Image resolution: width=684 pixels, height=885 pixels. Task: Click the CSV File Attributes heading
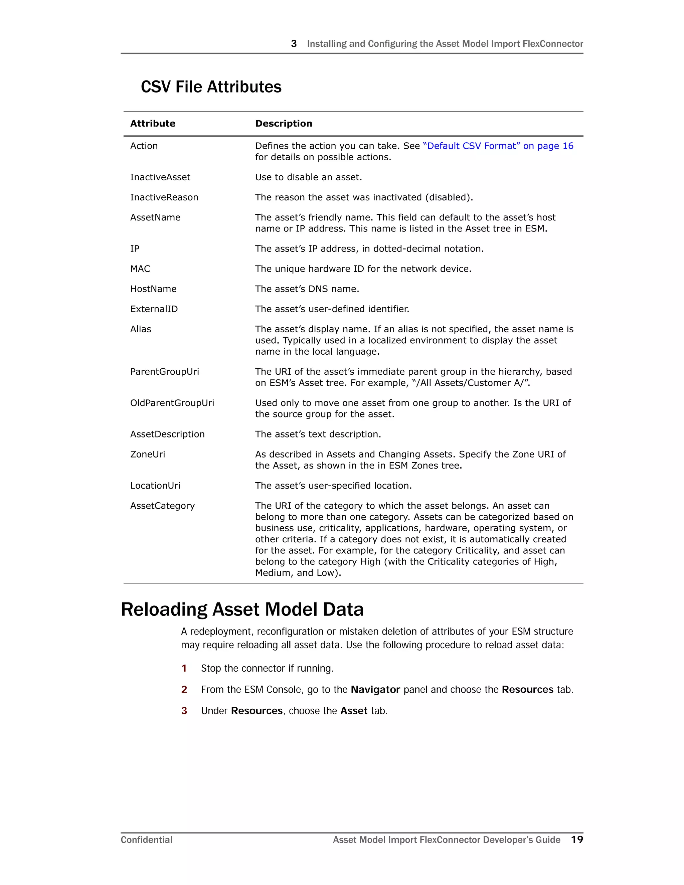(211, 87)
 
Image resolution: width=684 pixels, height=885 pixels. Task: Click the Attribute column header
(153, 124)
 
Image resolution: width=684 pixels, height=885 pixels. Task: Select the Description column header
(284, 124)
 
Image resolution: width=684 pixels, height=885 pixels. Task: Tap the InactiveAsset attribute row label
(160, 177)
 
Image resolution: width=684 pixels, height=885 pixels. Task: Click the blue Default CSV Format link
(498, 146)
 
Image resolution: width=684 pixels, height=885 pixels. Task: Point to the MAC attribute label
(140, 269)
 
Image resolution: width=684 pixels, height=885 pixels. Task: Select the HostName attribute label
(153, 289)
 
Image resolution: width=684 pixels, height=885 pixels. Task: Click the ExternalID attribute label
(154, 309)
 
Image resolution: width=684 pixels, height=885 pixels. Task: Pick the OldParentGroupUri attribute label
(172, 403)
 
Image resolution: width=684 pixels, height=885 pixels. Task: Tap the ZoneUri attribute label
(148, 454)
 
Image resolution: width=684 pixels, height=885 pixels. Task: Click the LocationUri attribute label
(155, 486)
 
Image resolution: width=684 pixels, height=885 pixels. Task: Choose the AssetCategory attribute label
(163, 506)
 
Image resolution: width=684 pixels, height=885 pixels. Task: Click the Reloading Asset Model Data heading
(242, 609)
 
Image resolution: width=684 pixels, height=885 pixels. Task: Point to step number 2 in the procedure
(184, 690)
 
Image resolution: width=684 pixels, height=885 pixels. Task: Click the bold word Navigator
(375, 690)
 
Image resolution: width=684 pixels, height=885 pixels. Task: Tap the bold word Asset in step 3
(354, 711)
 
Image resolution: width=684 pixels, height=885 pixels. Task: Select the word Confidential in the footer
(147, 840)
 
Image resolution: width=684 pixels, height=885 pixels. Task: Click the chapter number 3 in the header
(294, 44)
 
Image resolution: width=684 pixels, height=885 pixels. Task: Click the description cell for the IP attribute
(369, 249)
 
